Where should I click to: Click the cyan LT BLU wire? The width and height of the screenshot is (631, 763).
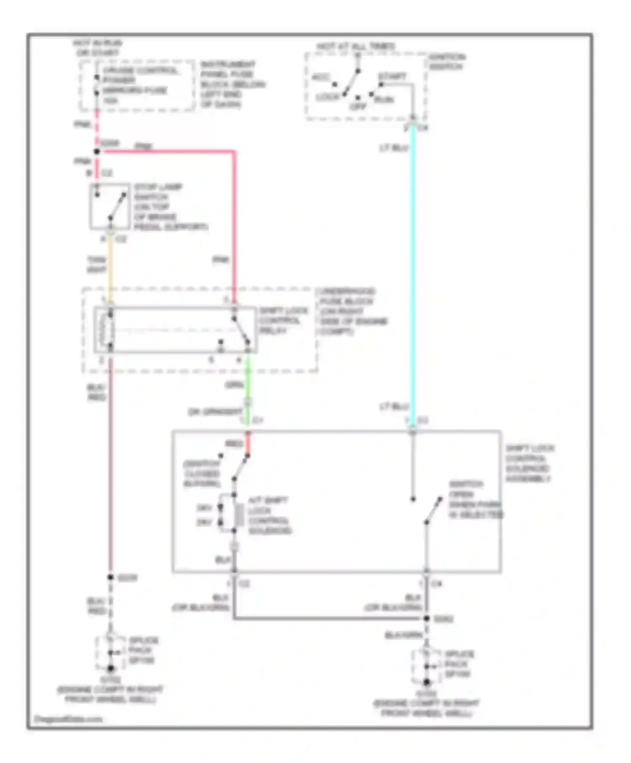tap(413, 273)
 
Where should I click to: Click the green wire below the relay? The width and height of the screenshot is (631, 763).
tap(248, 379)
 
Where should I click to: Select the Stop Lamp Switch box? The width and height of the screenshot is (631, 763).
tap(109, 206)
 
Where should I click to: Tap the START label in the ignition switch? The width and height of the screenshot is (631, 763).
tap(392, 77)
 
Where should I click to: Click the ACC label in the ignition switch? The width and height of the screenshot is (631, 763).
tap(321, 77)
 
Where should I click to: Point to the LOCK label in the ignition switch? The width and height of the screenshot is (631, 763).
tap(327, 98)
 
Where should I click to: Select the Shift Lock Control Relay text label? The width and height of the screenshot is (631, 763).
tap(284, 321)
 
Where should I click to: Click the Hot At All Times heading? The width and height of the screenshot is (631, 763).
tap(356, 46)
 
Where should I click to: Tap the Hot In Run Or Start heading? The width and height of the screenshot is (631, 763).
tap(98, 48)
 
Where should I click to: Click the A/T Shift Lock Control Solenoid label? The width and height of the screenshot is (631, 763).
tap(269, 515)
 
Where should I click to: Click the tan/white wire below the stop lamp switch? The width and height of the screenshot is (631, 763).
tap(110, 265)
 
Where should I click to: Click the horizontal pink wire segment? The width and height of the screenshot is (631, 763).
tap(168, 151)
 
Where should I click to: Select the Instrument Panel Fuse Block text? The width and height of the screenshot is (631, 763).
tap(232, 84)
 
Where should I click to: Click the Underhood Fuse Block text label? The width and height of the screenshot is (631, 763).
tap(351, 311)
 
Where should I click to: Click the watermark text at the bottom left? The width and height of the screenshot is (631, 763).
tap(68, 719)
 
